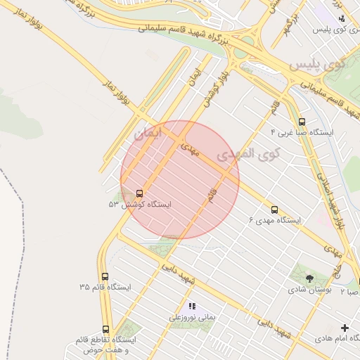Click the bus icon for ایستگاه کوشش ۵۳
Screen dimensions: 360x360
pyautogui.click(x=139, y=193)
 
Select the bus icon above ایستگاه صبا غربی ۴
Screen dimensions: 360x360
pyautogui.click(x=302, y=121)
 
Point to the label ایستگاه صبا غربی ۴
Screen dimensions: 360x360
pyautogui.click(x=302, y=132)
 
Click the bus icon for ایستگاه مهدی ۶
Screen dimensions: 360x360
pyautogui.click(x=274, y=209)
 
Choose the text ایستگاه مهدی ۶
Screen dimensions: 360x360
pyautogui.click(x=274, y=220)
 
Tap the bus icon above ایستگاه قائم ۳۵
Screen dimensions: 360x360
pyautogui.click(x=105, y=276)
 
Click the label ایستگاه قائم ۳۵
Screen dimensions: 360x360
pyautogui.click(x=105, y=288)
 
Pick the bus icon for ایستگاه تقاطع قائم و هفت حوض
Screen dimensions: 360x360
pyautogui.click(x=105, y=328)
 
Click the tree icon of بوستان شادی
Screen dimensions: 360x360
pyautogui.click(x=309, y=278)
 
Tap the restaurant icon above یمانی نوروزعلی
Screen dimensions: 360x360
pyautogui.click(x=191, y=306)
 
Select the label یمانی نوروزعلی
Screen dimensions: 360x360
pyautogui.click(x=191, y=317)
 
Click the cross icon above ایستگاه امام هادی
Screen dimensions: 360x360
pyautogui.click(x=345, y=328)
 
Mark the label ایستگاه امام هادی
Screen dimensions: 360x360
pyautogui.click(x=337, y=339)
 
